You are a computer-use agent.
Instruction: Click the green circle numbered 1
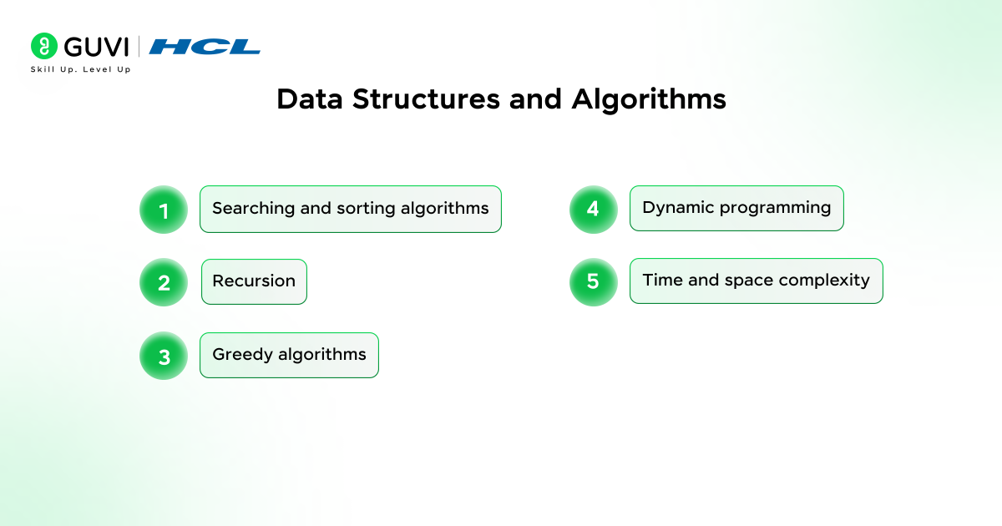tap(164, 210)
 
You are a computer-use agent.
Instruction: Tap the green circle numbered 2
tap(164, 282)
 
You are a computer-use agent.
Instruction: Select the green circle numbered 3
tap(164, 356)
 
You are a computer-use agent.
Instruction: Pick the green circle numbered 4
tap(593, 209)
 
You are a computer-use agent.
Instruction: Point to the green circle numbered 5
tap(593, 281)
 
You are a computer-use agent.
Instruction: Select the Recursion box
tap(254, 281)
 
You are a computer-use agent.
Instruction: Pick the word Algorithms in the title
tap(649, 99)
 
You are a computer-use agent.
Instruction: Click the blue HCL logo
tap(205, 47)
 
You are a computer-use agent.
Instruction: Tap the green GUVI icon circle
tap(43, 46)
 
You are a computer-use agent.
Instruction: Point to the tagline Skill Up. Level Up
tap(80, 69)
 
